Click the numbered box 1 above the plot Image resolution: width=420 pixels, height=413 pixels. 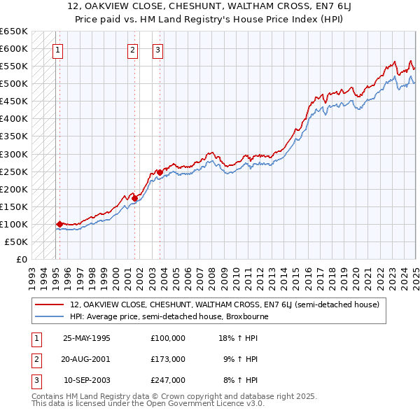(57, 50)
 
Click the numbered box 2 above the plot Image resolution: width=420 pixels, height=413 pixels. (132, 50)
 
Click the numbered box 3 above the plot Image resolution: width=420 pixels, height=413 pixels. (157, 50)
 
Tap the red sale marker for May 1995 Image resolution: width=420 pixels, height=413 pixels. (59, 224)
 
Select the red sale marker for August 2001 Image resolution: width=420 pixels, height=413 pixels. (134, 198)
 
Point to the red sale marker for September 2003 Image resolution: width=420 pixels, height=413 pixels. (160, 172)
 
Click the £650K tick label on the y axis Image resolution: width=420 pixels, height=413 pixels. (13, 31)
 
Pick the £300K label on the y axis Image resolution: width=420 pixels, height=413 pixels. (13, 154)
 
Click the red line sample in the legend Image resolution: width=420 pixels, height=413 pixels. (50, 304)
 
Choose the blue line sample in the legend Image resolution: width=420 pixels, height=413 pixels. (50, 316)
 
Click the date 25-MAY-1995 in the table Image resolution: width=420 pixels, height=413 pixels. (87, 338)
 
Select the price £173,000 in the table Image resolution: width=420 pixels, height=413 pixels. (168, 359)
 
